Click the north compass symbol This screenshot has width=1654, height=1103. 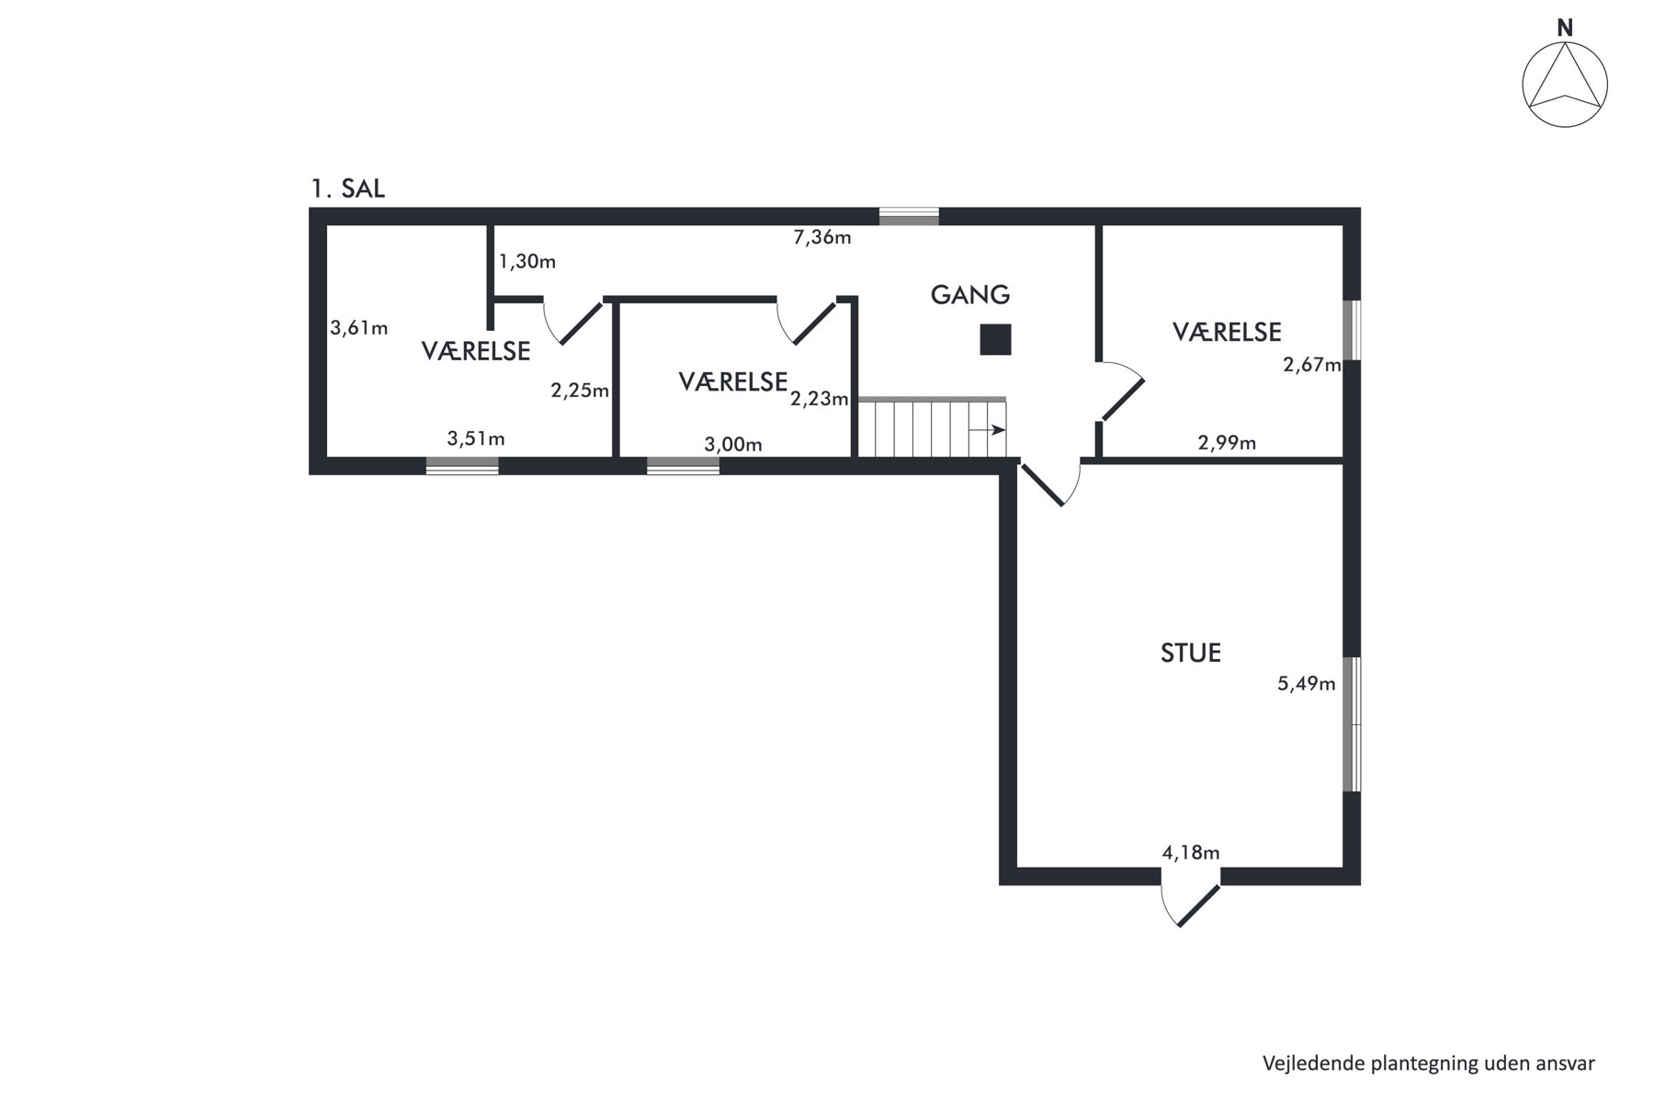(1565, 77)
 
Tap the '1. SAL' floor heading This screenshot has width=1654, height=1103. (348, 189)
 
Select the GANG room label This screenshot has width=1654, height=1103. (970, 295)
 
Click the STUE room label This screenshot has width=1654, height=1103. (1191, 653)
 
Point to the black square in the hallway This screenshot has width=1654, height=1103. (995, 340)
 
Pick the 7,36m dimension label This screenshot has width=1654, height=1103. (822, 237)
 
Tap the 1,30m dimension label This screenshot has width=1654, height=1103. (527, 261)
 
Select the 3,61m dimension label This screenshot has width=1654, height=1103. (358, 327)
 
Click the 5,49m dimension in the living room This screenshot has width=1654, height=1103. (1307, 683)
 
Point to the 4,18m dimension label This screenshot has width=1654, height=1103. (1191, 853)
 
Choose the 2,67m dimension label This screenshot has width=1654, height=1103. (1312, 365)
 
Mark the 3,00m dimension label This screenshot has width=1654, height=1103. (733, 445)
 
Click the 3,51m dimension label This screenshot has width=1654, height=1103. (476, 438)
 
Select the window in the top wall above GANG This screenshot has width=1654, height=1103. (909, 217)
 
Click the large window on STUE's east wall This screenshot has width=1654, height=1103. (1352, 724)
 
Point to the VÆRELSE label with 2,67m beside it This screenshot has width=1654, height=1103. (1227, 332)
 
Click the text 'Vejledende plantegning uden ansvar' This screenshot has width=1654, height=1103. (1429, 1063)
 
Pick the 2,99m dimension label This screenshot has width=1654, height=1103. (1227, 443)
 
